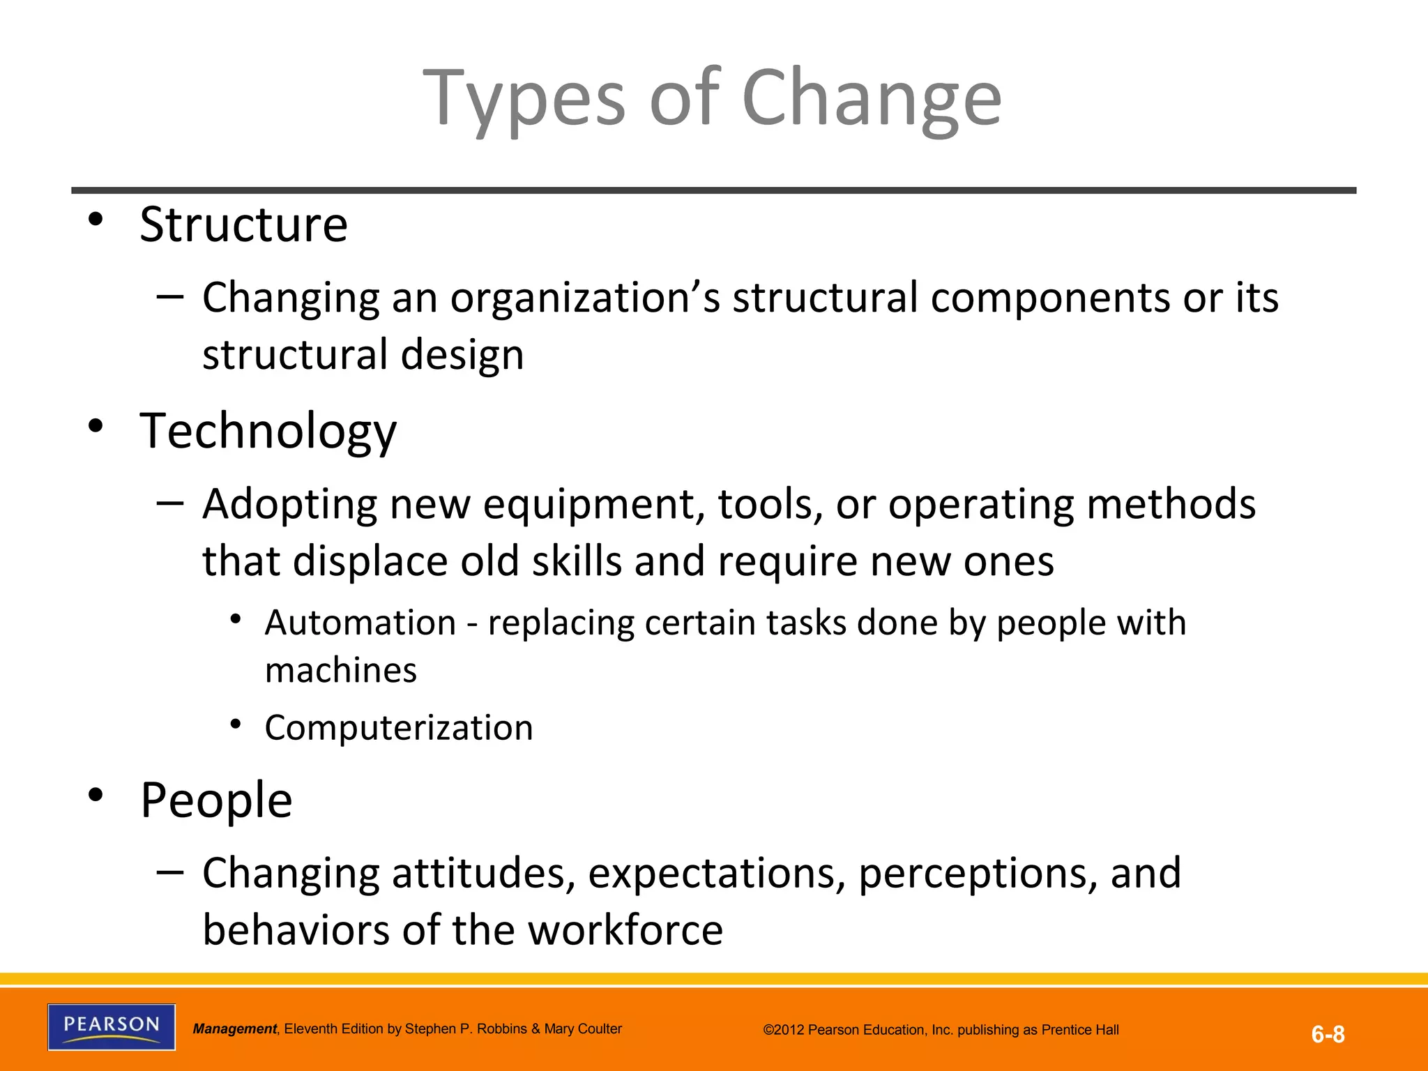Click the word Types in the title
point(525,99)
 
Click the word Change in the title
point(872,99)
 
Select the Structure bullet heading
point(243,225)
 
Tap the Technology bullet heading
point(268,432)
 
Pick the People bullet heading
point(216,800)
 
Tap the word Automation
point(360,623)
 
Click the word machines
point(341,671)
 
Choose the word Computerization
point(399,728)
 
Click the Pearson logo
point(112,1026)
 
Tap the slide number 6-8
point(1328,1034)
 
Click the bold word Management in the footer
point(234,1029)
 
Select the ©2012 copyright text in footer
point(941,1030)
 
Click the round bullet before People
point(96,794)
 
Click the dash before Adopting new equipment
point(170,503)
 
